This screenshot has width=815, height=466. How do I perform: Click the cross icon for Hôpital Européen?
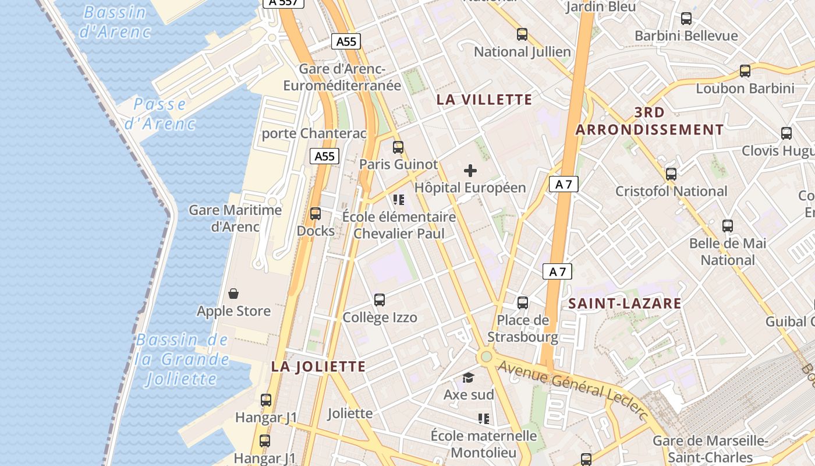[470, 171]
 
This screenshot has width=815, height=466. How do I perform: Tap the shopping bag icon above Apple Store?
[233, 294]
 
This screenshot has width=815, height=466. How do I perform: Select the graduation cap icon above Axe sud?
[469, 378]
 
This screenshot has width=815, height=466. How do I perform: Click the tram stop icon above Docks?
[316, 214]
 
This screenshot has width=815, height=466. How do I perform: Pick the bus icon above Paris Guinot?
[398, 147]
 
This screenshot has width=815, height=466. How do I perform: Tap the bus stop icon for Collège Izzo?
[380, 300]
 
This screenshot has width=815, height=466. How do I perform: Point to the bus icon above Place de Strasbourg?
[523, 303]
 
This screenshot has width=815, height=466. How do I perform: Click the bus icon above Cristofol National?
[671, 174]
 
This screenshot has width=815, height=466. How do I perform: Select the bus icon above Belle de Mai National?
[728, 226]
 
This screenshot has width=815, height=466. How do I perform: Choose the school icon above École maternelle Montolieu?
[483, 418]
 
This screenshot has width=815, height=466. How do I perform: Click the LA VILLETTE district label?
[484, 100]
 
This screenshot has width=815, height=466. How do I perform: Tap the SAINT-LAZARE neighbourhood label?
[625, 303]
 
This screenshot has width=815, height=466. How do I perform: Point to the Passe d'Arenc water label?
[160, 114]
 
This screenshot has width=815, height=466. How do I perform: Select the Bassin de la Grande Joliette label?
[182, 359]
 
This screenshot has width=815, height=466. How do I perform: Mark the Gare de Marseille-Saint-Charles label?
[710, 449]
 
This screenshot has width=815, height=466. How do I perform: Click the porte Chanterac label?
[314, 133]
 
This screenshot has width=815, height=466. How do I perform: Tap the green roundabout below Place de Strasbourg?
[486, 356]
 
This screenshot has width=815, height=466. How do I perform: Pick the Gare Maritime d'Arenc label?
[235, 218]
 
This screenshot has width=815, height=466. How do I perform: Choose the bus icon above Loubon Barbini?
[745, 72]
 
